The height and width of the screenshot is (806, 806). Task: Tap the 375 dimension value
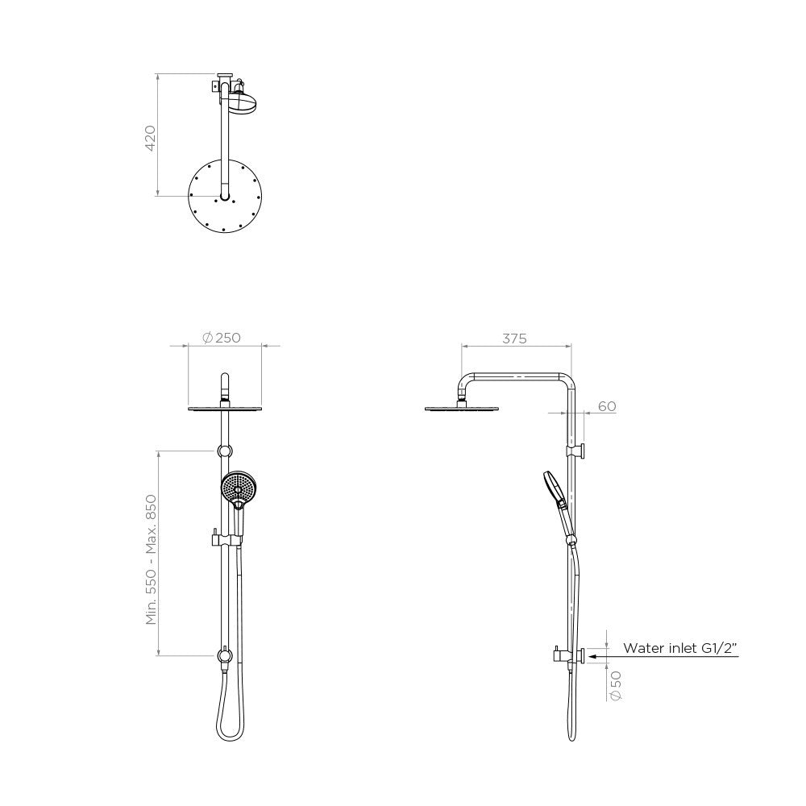click(514, 339)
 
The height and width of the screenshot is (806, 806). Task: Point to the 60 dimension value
click(606, 406)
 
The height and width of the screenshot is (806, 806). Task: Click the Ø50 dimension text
click(617, 684)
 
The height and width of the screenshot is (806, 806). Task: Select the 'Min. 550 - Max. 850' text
click(150, 559)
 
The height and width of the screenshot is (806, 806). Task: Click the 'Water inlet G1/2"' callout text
click(681, 647)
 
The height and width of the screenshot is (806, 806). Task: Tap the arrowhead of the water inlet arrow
click(592, 657)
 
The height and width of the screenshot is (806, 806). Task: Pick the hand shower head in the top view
click(241, 103)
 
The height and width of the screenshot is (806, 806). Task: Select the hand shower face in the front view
click(237, 486)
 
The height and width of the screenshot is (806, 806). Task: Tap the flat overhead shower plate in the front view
click(226, 409)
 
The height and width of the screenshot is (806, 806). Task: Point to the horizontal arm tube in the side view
click(516, 376)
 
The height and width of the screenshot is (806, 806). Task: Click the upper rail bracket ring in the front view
click(225, 450)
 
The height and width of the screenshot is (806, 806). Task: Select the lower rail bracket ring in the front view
click(224, 655)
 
